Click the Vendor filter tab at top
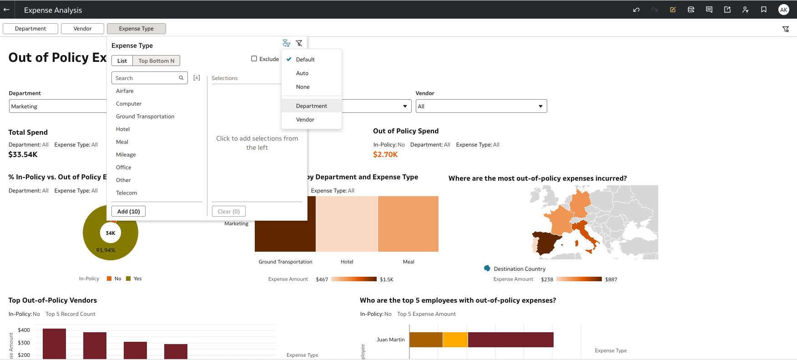tap(82, 29)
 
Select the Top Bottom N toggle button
tap(156, 61)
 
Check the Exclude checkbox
tap(254, 59)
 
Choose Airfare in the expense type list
tap(125, 91)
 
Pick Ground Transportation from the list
tap(145, 117)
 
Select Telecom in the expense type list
tap(126, 193)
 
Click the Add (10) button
tap(128, 212)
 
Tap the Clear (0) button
tap(228, 212)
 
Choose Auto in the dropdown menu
tap(302, 73)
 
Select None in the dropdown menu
tap(303, 87)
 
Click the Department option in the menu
tap(312, 106)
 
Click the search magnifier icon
tap(181, 78)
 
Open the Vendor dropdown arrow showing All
tap(540, 106)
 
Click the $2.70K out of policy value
tap(385, 155)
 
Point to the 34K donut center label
tap(111, 233)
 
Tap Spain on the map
tap(548, 242)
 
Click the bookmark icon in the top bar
tap(764, 10)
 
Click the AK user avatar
tap(783, 10)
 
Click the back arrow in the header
tap(7, 10)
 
